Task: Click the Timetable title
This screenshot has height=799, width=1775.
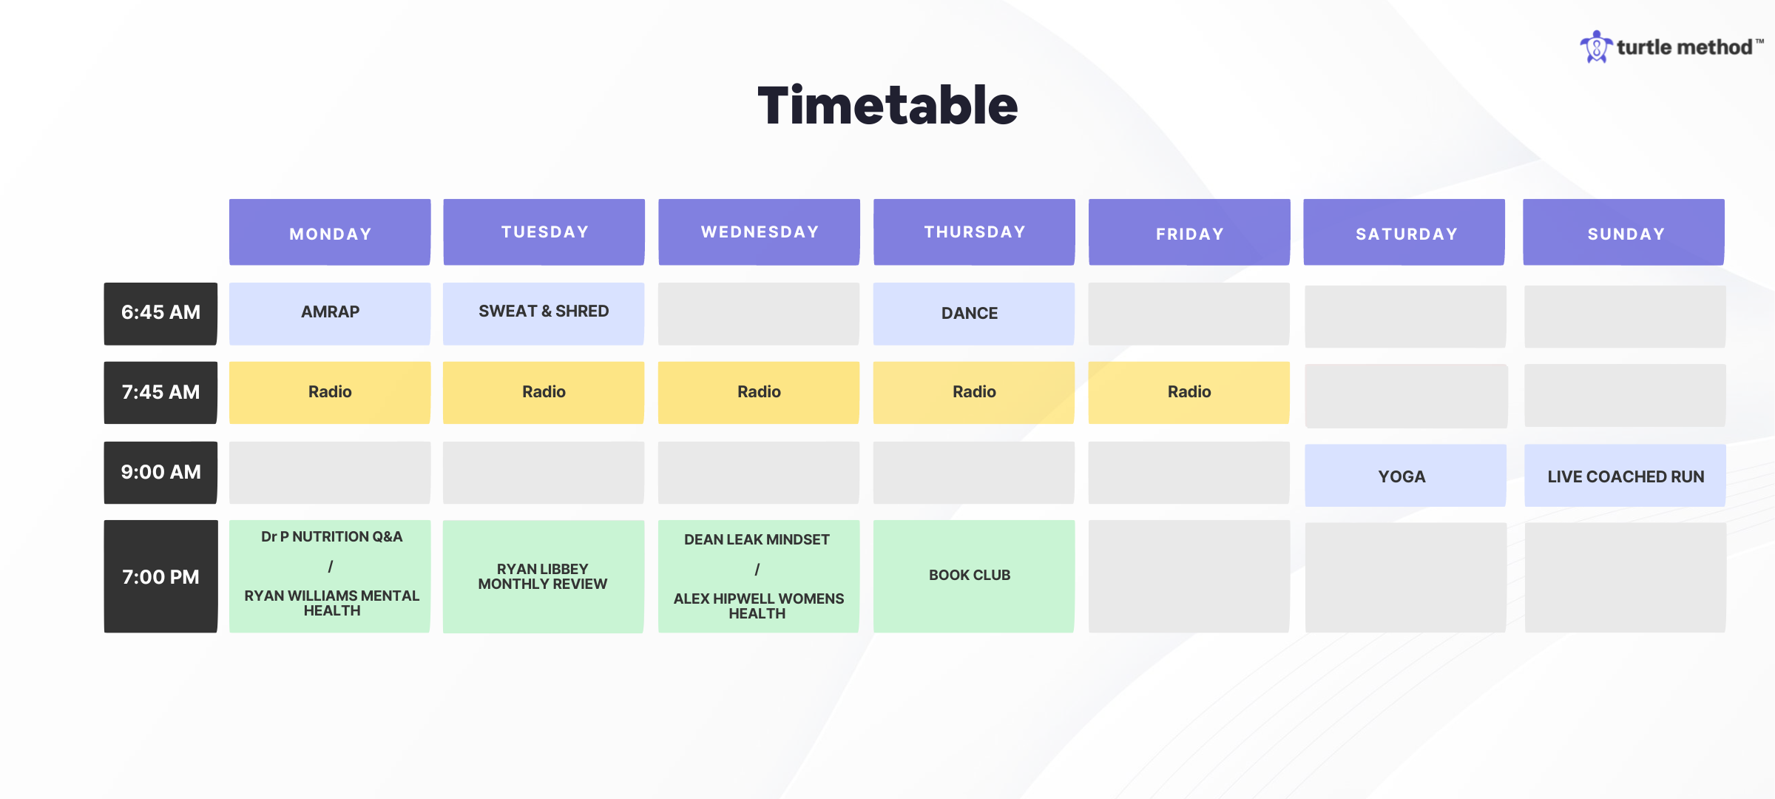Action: pyautogui.click(x=887, y=106)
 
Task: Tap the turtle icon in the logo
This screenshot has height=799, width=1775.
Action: pyautogui.click(x=1596, y=47)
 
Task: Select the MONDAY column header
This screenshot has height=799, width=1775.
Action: pyautogui.click(x=330, y=232)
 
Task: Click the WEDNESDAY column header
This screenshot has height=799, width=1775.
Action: pyautogui.click(x=759, y=232)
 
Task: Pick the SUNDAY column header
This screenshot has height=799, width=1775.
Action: pyautogui.click(x=1624, y=232)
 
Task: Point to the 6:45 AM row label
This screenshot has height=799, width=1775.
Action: pyautogui.click(x=160, y=314)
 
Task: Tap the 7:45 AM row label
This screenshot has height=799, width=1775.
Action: pyautogui.click(x=160, y=393)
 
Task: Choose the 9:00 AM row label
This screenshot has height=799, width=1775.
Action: pyautogui.click(x=160, y=473)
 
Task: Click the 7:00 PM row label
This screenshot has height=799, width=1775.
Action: pyautogui.click(x=160, y=576)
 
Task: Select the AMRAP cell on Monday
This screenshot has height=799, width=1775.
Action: pyautogui.click(x=330, y=314)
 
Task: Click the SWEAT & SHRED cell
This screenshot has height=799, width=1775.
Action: pyautogui.click(x=544, y=314)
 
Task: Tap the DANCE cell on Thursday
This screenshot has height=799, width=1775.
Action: pyautogui.click(x=974, y=314)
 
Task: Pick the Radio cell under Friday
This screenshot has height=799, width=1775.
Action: pyautogui.click(x=1189, y=393)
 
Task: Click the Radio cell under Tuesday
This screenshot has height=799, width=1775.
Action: pyautogui.click(x=544, y=393)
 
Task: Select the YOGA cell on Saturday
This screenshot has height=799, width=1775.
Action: pyautogui.click(x=1405, y=476)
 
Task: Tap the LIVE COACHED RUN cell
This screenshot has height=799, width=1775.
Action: pyautogui.click(x=1625, y=476)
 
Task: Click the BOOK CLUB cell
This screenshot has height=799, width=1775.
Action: pyautogui.click(x=974, y=576)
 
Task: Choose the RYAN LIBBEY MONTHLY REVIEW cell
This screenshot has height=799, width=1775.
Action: pyautogui.click(x=544, y=576)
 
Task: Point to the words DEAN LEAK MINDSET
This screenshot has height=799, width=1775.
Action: pyautogui.click(x=757, y=540)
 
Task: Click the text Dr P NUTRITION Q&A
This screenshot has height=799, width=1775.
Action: pyautogui.click(x=331, y=537)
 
